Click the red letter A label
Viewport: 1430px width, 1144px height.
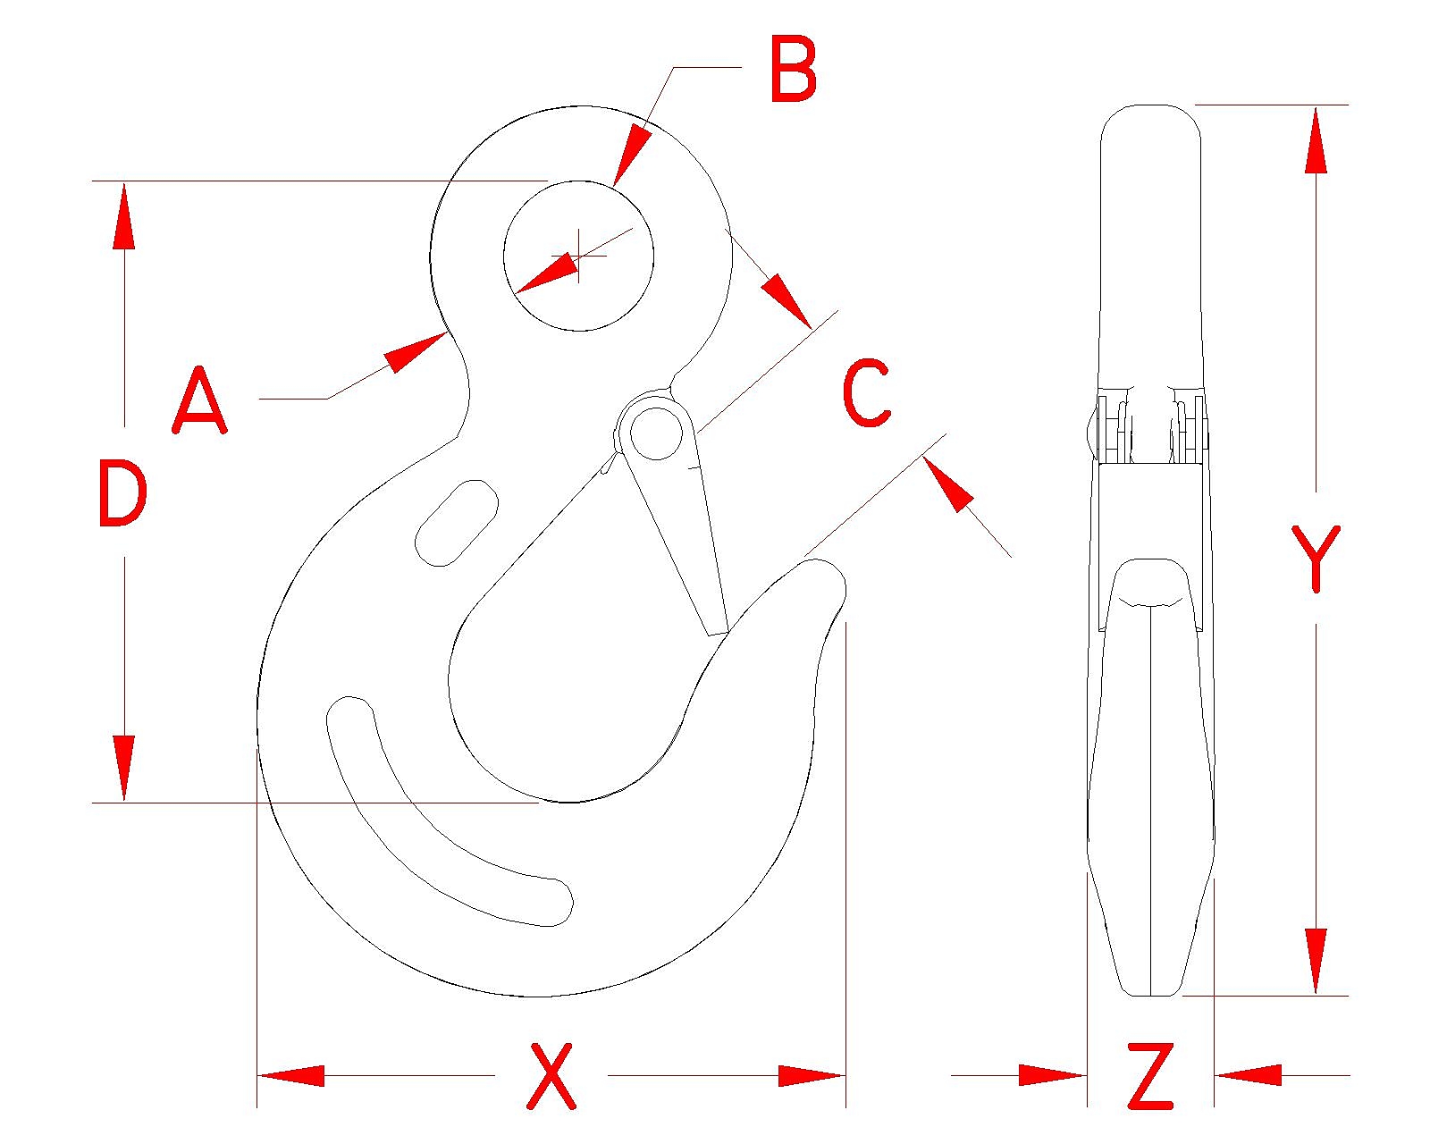[x=199, y=400]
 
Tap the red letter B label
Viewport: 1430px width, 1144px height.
[x=793, y=70]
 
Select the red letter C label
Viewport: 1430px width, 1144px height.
[x=866, y=392]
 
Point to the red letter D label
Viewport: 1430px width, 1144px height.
[x=122, y=492]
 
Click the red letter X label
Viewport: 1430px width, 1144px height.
[x=551, y=1075]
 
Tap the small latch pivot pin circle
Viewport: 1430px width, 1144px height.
[x=657, y=433]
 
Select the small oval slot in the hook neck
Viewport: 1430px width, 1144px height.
[x=457, y=523]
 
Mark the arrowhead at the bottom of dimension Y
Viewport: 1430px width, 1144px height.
[x=1316, y=961]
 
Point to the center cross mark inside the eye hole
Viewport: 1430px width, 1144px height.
[x=579, y=257]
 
